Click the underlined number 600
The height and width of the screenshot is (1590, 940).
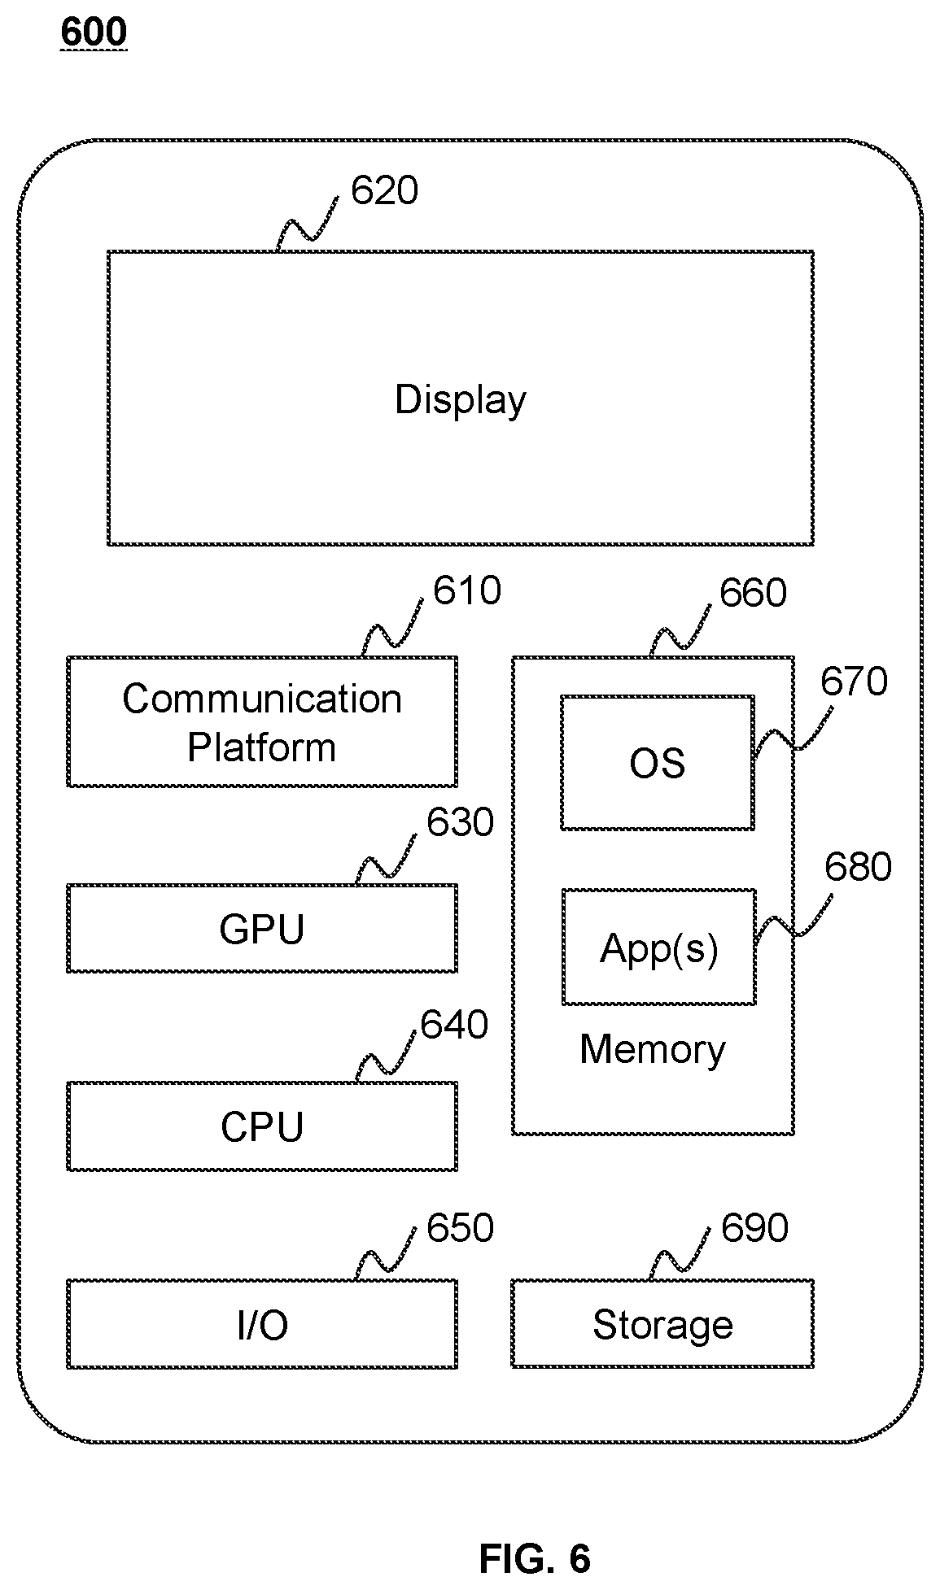point(94,33)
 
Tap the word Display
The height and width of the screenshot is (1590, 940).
point(461,400)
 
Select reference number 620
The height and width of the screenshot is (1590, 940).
point(384,190)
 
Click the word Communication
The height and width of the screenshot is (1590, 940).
point(262,699)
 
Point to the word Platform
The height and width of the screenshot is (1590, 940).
point(262,747)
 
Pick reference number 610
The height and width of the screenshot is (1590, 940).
point(466,591)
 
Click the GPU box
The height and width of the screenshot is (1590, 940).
point(262,928)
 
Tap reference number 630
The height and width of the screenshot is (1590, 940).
point(460,823)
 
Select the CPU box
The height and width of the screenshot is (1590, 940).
point(262,1126)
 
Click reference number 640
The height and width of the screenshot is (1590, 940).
point(454,1025)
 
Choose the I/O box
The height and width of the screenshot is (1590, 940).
point(262,1324)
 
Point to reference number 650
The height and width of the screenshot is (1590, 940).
point(460,1228)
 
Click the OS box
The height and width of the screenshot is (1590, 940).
point(658,762)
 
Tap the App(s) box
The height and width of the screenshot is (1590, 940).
point(659,947)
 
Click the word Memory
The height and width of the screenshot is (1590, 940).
point(653,1049)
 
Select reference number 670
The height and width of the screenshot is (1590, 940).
point(853,682)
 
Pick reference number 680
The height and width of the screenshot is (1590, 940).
point(858,867)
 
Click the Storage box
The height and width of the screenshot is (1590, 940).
point(662,1324)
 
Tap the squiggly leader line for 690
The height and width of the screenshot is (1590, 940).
point(680,1257)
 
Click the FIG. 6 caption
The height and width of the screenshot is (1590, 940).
point(535,1559)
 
